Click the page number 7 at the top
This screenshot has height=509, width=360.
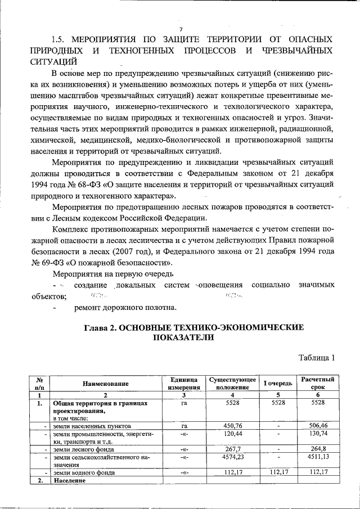pos(181,29)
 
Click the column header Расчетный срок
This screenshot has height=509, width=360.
pos(318,384)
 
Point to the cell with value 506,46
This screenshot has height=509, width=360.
pos(318,426)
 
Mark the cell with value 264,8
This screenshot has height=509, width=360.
pos(318,449)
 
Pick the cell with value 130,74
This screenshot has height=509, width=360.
pos(318,434)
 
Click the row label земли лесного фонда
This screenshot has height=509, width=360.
pos(83,449)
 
